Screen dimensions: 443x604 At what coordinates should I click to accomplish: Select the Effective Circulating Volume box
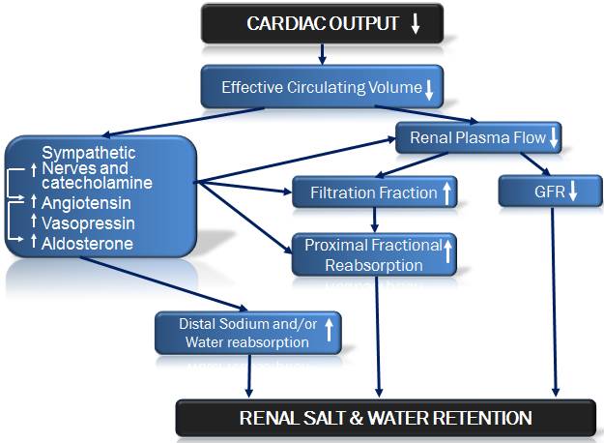pyautogui.click(x=323, y=87)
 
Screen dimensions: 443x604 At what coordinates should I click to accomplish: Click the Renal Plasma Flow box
pyautogui.click(x=479, y=138)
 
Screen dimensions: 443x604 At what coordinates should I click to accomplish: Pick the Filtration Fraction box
pyautogui.click(x=375, y=192)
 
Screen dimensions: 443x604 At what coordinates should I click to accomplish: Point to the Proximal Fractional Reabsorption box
pyautogui.click(x=375, y=255)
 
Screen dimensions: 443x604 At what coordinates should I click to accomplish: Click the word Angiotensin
pyautogui.click(x=87, y=203)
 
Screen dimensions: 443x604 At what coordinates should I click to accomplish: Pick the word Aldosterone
pyautogui.click(x=88, y=244)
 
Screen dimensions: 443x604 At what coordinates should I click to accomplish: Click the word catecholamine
pyautogui.click(x=97, y=182)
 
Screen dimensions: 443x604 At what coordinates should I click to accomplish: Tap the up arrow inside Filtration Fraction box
pyautogui.click(x=446, y=192)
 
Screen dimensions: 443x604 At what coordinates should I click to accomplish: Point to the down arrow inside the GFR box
pyautogui.click(x=572, y=192)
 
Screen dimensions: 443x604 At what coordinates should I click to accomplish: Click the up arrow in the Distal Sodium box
pyautogui.click(x=329, y=332)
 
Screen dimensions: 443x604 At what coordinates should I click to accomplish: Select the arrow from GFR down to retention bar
pyautogui.click(x=554, y=300)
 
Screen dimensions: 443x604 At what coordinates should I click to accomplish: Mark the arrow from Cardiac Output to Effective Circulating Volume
pyautogui.click(x=322, y=55)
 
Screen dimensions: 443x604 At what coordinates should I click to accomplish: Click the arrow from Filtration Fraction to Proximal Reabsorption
pyautogui.click(x=375, y=220)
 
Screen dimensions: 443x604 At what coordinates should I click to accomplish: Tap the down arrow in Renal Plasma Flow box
pyautogui.click(x=553, y=138)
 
